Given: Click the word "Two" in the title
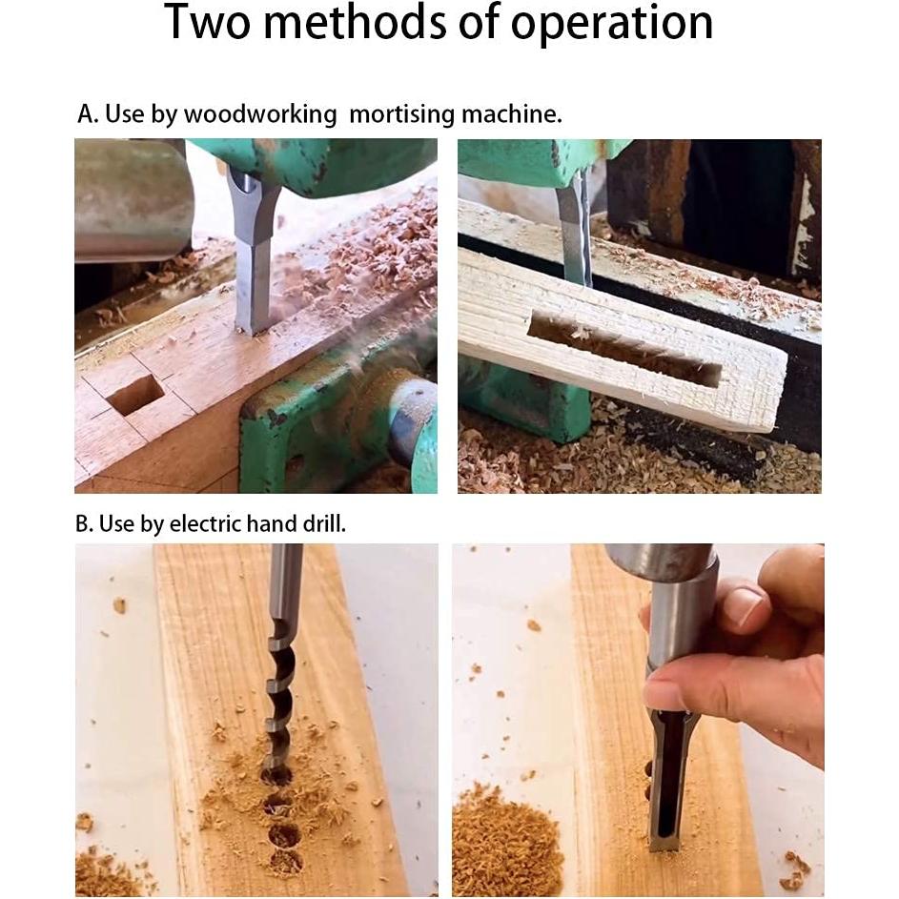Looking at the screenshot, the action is [208, 22].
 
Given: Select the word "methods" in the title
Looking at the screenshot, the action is [356, 22].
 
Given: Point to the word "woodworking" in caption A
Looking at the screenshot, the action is [259, 115].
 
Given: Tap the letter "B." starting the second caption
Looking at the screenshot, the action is [84, 523].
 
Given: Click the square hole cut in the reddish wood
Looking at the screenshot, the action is [135, 395].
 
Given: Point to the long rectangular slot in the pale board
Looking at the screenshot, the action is [623, 348].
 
